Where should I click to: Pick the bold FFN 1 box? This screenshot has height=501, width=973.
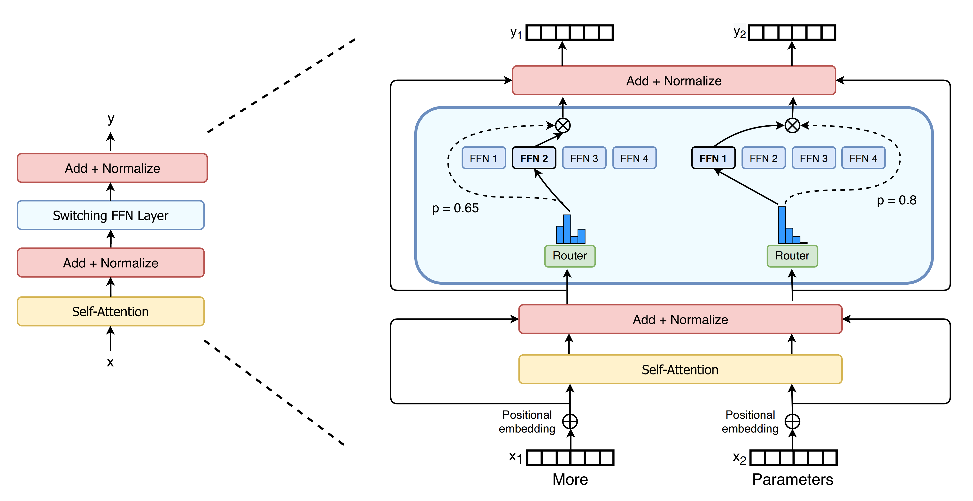coord(713,158)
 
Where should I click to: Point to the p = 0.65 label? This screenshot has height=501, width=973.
coord(455,208)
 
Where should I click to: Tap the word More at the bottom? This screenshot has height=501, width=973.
coord(570,479)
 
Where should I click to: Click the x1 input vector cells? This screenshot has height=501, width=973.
coord(570,458)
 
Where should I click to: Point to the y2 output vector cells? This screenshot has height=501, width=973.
coord(792,32)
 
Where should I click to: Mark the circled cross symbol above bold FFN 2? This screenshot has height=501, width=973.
coord(563,125)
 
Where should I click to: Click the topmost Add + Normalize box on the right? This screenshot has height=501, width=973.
coord(674,80)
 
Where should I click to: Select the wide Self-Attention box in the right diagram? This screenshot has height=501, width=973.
coord(680,369)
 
